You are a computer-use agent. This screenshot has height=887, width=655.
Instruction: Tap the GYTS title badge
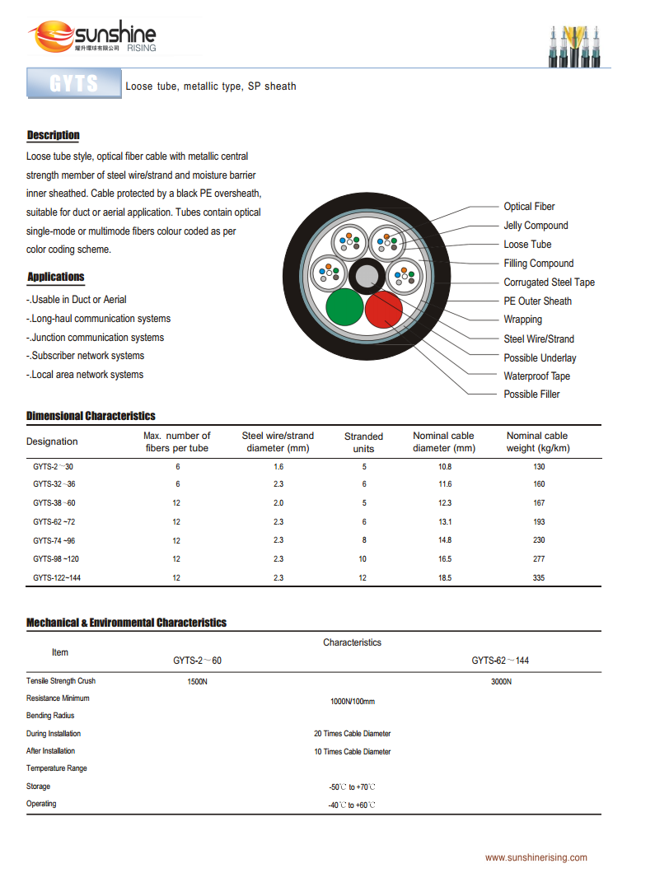[74, 85]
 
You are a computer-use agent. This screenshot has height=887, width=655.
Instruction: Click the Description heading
[54, 135]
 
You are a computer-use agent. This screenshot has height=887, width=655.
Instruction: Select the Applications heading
[56, 277]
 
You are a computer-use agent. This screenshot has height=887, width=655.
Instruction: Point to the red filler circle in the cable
[383, 310]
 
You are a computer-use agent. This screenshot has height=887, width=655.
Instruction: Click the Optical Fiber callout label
[529, 207]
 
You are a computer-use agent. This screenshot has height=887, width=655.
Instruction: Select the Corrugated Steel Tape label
[549, 282]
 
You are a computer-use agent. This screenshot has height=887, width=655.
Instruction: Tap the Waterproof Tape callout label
[536, 376]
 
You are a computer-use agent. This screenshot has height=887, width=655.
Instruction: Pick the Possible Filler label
[531, 394]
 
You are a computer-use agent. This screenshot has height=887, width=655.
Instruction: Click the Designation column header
[52, 441]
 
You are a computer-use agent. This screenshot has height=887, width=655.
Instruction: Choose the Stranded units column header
[363, 442]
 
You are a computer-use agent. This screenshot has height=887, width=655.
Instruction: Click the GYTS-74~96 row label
[54, 540]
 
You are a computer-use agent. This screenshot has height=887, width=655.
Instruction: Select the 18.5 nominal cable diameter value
[445, 578]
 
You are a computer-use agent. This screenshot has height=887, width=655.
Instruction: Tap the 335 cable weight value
[539, 578]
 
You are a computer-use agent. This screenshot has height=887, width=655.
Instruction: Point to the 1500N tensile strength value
[197, 682]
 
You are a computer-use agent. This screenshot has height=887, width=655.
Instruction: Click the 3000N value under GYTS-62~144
[501, 682]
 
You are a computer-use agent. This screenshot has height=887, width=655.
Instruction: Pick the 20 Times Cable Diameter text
[353, 734]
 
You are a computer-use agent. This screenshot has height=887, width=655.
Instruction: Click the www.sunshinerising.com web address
[536, 858]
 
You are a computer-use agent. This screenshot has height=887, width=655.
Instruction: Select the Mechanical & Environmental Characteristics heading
[126, 623]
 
